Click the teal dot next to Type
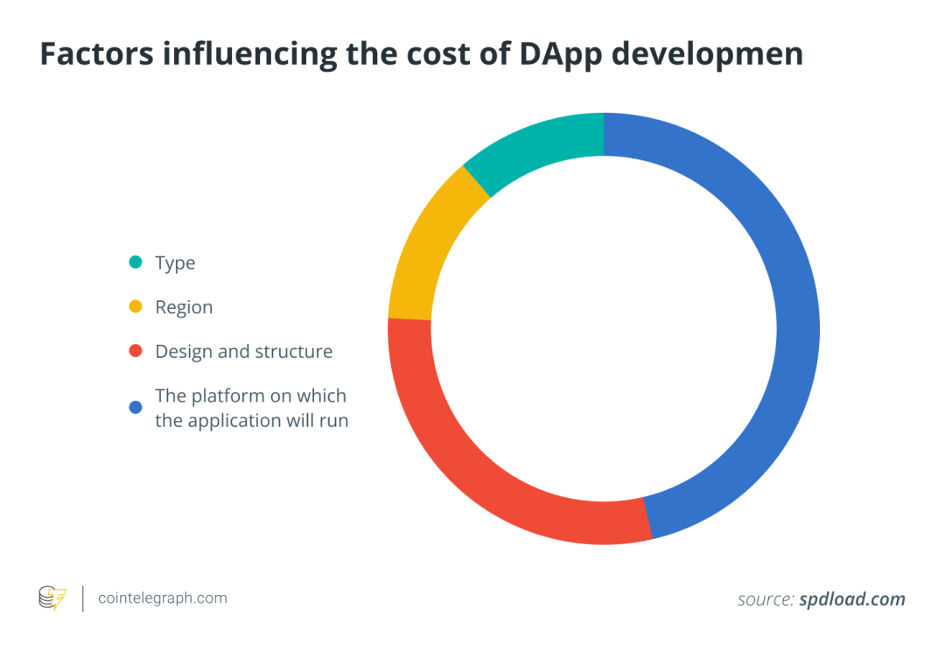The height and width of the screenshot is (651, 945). coord(136,262)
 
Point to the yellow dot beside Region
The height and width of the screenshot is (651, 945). coord(136,307)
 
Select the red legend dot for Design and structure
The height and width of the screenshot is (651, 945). coord(136,352)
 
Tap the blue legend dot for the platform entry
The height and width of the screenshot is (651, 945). coord(136,407)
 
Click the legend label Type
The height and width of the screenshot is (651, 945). coord(175,263)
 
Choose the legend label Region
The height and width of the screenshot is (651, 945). coord(184,307)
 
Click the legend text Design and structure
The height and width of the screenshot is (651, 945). coord(243,352)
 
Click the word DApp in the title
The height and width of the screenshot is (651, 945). coord(554,54)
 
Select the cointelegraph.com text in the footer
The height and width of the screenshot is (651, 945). coord(163,598)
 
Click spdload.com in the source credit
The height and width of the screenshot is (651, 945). coord(851,600)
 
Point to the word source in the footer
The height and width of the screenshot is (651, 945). coord(764,600)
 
